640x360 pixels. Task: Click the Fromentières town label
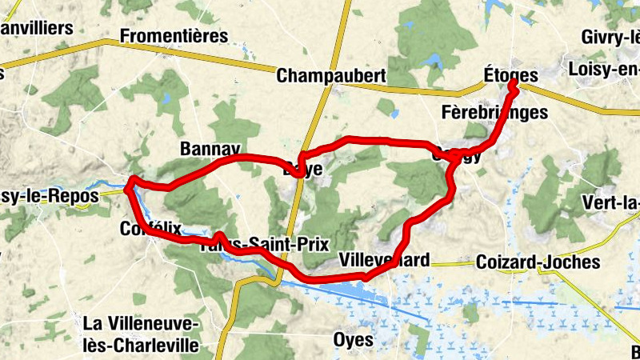tap(174, 36)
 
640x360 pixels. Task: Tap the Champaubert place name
tap(331, 76)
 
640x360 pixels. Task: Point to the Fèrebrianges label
tap(494, 112)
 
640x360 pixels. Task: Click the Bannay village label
tap(210, 149)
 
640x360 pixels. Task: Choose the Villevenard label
tap(384, 260)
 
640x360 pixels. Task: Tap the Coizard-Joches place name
tap(537, 262)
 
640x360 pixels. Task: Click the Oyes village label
tap(353, 339)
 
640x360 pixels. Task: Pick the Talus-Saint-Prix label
tap(264, 244)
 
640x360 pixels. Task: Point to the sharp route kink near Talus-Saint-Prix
tap(218, 235)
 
